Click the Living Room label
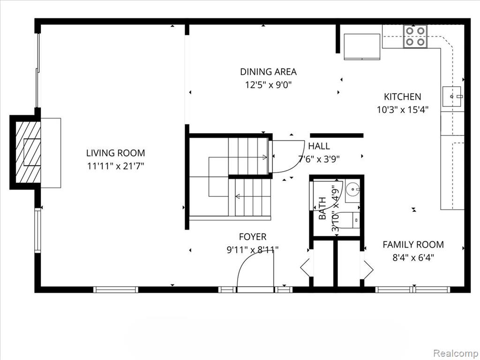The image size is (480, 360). [x=115, y=153]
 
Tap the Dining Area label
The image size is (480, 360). [x=268, y=72]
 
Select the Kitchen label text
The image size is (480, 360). [x=402, y=97]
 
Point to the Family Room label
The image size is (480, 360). [x=413, y=244]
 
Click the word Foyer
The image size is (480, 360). [x=252, y=237]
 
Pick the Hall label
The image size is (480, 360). [x=319, y=146]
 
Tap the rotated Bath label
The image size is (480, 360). [x=323, y=209]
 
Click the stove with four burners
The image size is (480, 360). [x=416, y=37]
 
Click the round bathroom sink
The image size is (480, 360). [x=352, y=191]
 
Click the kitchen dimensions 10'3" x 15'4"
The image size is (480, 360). [x=402, y=110]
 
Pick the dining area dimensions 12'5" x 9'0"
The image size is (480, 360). [x=268, y=85]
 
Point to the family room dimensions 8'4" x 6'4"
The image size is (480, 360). [x=413, y=257]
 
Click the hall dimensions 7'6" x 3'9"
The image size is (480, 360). [x=319, y=158]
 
